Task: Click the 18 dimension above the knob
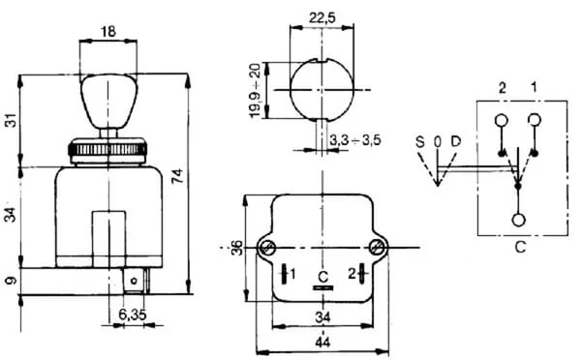click(108, 32)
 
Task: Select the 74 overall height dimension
click(178, 176)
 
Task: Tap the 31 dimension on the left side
click(12, 121)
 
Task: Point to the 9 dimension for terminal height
click(12, 281)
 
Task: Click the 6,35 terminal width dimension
click(133, 315)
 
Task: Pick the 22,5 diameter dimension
click(322, 17)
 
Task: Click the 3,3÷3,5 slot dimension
click(355, 140)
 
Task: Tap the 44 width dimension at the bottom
click(322, 343)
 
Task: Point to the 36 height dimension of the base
click(237, 248)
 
